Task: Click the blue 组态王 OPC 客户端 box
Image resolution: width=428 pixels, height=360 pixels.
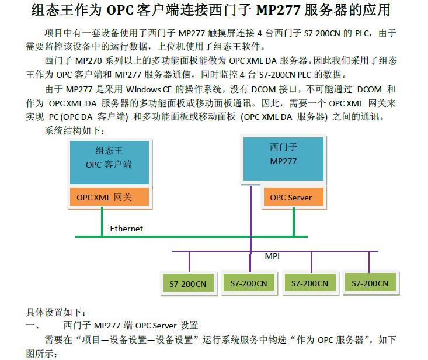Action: pyautogui.click(x=109, y=158)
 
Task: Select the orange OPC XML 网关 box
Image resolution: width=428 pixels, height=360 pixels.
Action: pyautogui.click(x=109, y=198)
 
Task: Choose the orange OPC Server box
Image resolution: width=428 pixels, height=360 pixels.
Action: pyautogui.click(x=291, y=198)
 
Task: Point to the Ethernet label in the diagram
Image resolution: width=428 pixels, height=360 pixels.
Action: pyautogui.click(x=126, y=229)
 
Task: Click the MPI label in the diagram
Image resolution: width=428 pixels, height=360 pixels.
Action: pyautogui.click(x=273, y=257)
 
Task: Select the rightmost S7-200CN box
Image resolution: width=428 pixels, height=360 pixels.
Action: pyautogui.click(x=370, y=283)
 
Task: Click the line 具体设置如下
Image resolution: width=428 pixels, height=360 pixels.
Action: pyautogui.click(x=55, y=313)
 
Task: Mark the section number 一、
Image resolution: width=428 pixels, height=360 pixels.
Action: pyautogui.click(x=32, y=326)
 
